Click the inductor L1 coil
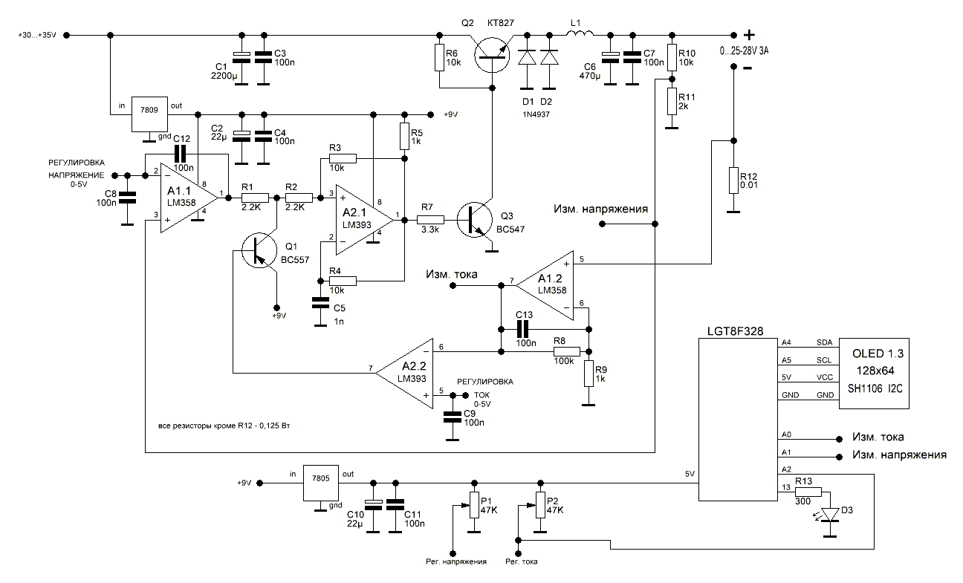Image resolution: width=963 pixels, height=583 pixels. pyautogui.click(x=580, y=34)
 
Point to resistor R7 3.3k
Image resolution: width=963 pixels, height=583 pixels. pyautogui.click(x=431, y=220)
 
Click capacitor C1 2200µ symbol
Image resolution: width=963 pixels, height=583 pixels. pyautogui.click(x=241, y=56)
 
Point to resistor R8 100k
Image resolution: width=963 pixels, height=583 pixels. pyautogui.click(x=563, y=351)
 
